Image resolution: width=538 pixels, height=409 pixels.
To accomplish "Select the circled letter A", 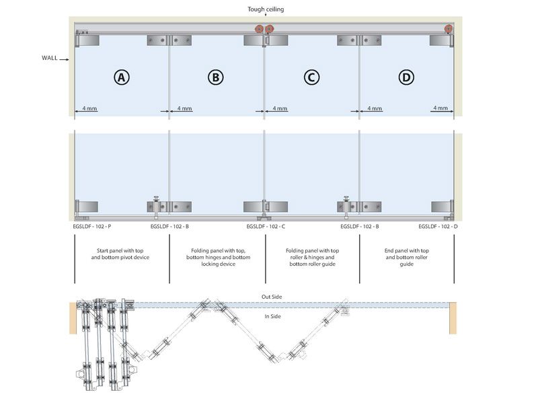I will (121, 78).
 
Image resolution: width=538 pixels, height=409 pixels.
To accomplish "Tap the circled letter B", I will (215, 78).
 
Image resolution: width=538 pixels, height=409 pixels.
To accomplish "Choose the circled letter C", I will (311, 78).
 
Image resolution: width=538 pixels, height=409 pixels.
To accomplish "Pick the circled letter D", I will (406, 78).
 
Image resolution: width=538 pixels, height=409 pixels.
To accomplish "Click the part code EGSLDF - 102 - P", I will (93, 227).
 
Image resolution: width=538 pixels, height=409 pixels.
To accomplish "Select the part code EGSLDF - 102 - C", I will (266, 227).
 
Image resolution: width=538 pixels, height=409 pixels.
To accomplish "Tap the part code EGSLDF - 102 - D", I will (438, 227).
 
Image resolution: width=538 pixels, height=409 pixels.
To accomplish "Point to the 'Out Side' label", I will (271, 297).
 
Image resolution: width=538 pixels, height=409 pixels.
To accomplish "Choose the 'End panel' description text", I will (406, 257).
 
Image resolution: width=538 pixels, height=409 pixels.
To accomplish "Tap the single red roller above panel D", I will (448, 29).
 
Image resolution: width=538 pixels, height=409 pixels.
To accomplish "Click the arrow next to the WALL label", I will (66, 59).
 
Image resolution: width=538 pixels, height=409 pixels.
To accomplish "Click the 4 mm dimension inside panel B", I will (184, 108).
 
